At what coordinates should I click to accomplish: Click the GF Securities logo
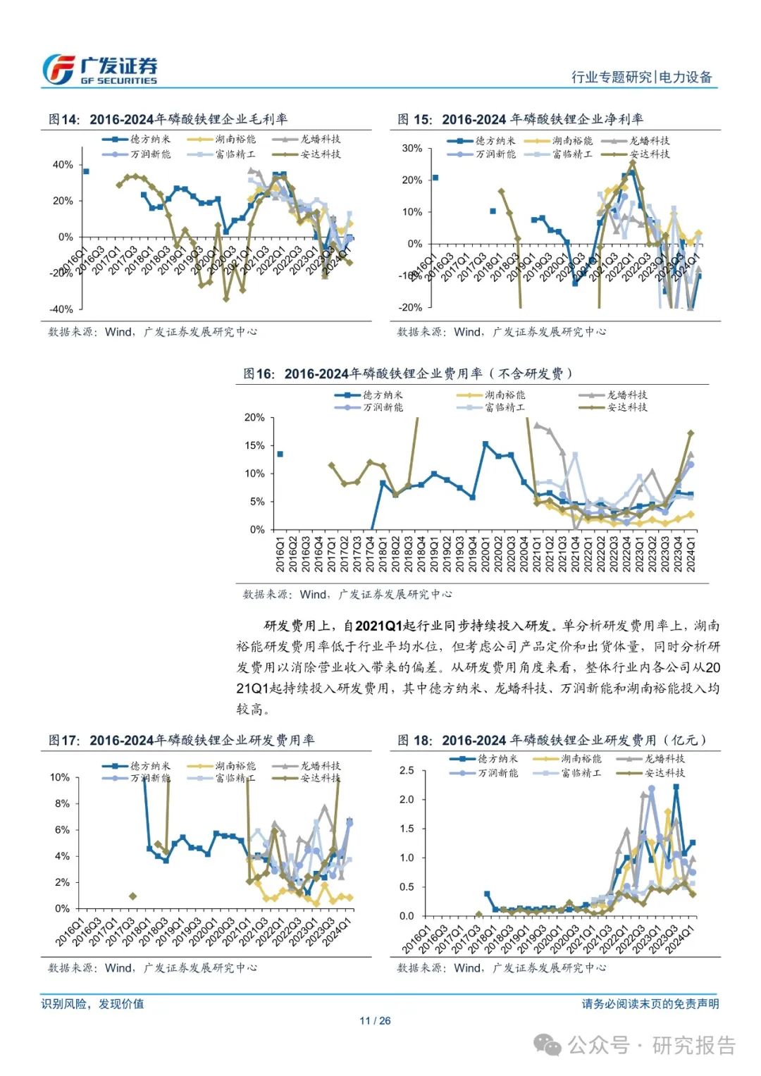99,70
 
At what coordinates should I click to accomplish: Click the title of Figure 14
168,119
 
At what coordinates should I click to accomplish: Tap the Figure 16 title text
408,373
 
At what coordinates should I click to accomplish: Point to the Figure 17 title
181,740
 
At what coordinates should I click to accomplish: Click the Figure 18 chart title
552,740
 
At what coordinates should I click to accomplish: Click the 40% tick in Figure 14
63,165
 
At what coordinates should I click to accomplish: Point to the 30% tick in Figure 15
412,149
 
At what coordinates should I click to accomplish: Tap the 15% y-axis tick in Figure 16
254,445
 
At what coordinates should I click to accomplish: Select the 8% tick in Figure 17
63,803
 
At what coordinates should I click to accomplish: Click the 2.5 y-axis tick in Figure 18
407,770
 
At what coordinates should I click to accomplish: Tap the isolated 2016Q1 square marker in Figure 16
280,454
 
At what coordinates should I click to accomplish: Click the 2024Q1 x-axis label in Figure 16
691,554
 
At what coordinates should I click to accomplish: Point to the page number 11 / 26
375,1020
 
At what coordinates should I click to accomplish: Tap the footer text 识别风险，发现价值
92,1003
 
